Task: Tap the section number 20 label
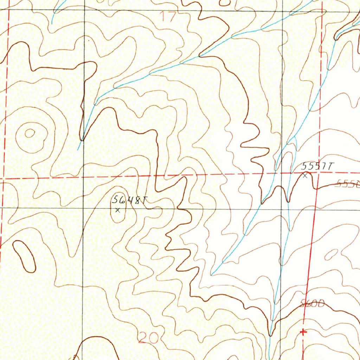[148, 338]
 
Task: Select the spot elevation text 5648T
[129, 200]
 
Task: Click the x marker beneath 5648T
[118, 210]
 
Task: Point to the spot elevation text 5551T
[317, 167]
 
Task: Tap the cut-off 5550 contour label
[348, 184]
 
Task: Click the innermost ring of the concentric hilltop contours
[30, 133]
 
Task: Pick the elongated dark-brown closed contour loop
[24, 256]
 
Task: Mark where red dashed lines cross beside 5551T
[319, 173]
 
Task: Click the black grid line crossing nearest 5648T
[83, 208]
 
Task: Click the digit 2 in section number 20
[143, 338]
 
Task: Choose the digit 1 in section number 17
[165, 17]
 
